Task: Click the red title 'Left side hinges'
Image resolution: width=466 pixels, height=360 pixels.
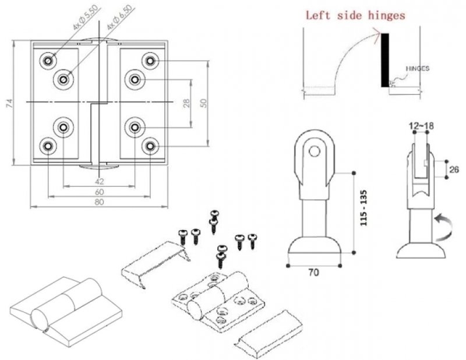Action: tap(355, 16)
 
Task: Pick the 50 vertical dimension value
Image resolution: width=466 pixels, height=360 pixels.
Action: tap(203, 103)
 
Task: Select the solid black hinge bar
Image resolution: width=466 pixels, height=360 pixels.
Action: tap(385, 60)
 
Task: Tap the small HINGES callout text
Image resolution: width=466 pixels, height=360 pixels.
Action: tap(418, 69)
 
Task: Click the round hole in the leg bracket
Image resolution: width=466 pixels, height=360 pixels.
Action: tap(314, 151)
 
